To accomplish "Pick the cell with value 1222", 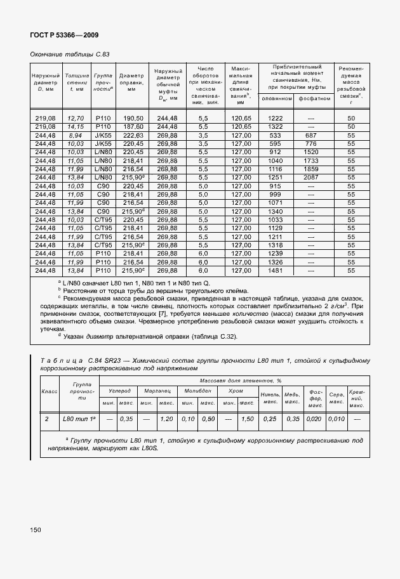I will [x=275, y=119].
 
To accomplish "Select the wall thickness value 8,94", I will [x=76, y=136].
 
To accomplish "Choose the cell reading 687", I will [x=310, y=136].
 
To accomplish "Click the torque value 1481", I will [x=275, y=270].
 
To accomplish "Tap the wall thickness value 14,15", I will [x=76, y=127].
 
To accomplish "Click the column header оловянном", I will [x=275, y=99].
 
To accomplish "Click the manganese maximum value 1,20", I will [x=166, y=419].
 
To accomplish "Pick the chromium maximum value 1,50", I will [x=248, y=419].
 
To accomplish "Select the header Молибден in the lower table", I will [x=197, y=391].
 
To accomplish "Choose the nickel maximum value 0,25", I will [x=270, y=419].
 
